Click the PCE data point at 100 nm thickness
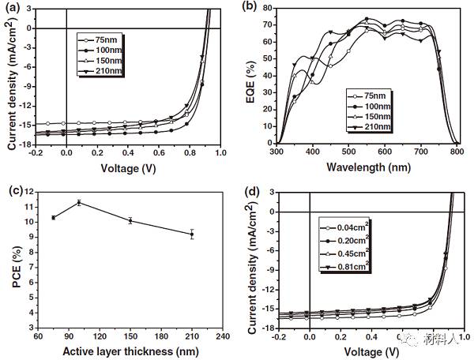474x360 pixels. [x=79, y=203]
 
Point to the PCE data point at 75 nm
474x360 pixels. [x=53, y=217]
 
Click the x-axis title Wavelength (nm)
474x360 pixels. [x=366, y=167]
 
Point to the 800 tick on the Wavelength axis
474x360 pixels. [x=455, y=152]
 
